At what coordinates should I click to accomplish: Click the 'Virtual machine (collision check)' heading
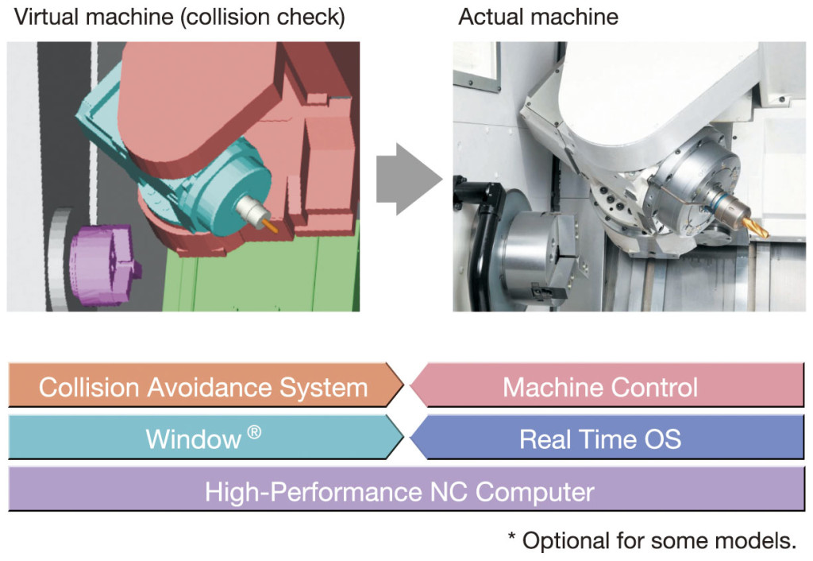tap(179, 17)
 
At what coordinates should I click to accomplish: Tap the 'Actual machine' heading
tap(538, 17)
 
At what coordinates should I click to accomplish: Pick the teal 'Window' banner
tap(206, 438)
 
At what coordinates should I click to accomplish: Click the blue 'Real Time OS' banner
tap(607, 438)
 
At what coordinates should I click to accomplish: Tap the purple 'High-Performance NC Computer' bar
tap(406, 489)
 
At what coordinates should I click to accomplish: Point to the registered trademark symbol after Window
tap(254, 431)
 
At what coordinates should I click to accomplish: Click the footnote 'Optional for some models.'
tap(658, 541)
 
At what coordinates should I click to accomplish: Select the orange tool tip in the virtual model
tap(270, 226)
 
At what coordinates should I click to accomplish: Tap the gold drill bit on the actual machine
tap(756, 229)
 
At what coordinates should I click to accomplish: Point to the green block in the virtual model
tap(262, 273)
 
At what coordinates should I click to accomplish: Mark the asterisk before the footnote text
tap(512, 536)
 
